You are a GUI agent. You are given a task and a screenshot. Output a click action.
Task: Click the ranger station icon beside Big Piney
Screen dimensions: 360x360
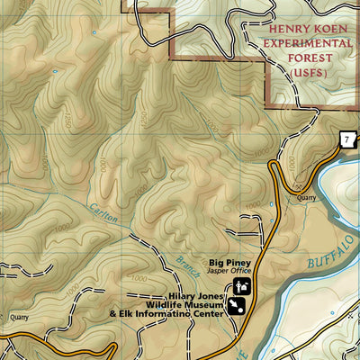tap(240, 286)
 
